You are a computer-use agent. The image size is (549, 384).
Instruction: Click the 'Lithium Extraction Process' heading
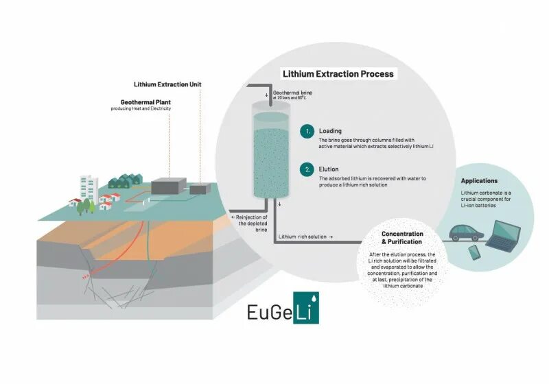pos(338,73)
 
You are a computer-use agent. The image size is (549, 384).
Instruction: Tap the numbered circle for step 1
pos(308,131)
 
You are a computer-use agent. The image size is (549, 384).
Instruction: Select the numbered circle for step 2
pos(308,169)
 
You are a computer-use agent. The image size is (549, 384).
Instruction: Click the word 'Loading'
pos(331,130)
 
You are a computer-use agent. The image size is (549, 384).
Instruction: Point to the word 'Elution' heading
pos(329,168)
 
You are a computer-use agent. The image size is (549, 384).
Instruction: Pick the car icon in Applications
pos(466,233)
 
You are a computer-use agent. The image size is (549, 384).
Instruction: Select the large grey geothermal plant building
pos(168,185)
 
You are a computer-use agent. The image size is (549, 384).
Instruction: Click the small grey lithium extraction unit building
pos(200,189)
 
